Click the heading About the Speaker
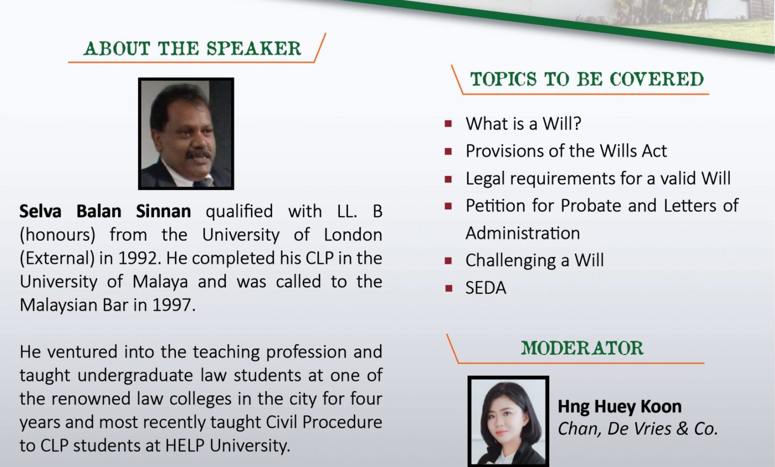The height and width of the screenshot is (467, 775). [192, 48]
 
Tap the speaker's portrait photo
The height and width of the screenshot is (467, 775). [186, 134]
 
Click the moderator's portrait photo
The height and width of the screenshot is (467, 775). [508, 421]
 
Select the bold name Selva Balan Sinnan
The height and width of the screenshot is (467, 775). [105, 211]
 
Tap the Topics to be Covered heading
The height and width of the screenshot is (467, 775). [587, 79]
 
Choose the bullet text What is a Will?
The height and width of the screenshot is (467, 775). [523, 124]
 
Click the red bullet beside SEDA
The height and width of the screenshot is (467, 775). [449, 288]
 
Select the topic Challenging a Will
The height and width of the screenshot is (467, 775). [535, 260]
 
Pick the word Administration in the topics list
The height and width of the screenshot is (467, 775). [522, 233]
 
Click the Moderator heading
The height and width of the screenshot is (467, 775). [582, 348]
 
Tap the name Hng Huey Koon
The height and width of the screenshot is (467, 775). [620, 407]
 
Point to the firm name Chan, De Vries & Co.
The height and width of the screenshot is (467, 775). [638, 429]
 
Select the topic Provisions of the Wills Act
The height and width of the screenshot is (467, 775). [566, 151]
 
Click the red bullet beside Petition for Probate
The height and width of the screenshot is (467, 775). [449, 206]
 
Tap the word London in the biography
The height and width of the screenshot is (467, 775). [353, 235]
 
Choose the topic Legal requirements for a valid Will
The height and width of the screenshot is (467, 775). [598, 179]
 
